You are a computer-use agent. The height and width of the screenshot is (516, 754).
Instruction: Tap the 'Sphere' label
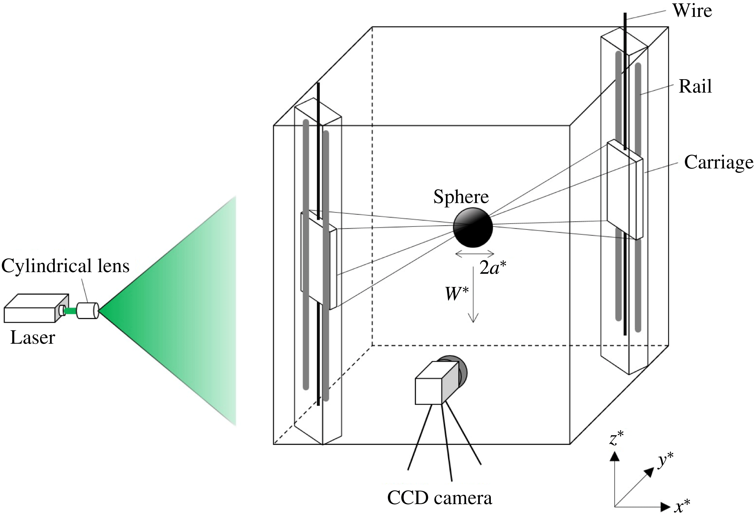coord(461,197)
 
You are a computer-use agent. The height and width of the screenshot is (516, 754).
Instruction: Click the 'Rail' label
coord(695,86)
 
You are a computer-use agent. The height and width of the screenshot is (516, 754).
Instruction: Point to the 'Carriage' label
coord(718,162)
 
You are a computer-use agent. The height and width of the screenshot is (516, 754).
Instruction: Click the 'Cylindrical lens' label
coord(66,266)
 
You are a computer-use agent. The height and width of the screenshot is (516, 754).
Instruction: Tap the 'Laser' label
coord(33,337)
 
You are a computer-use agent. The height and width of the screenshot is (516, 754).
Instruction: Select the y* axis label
coord(665,460)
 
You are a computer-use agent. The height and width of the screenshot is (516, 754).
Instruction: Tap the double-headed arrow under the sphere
coord(475,254)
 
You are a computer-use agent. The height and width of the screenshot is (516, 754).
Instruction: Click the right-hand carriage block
coord(625,190)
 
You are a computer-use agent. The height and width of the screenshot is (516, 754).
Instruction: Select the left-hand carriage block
coord(319,261)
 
